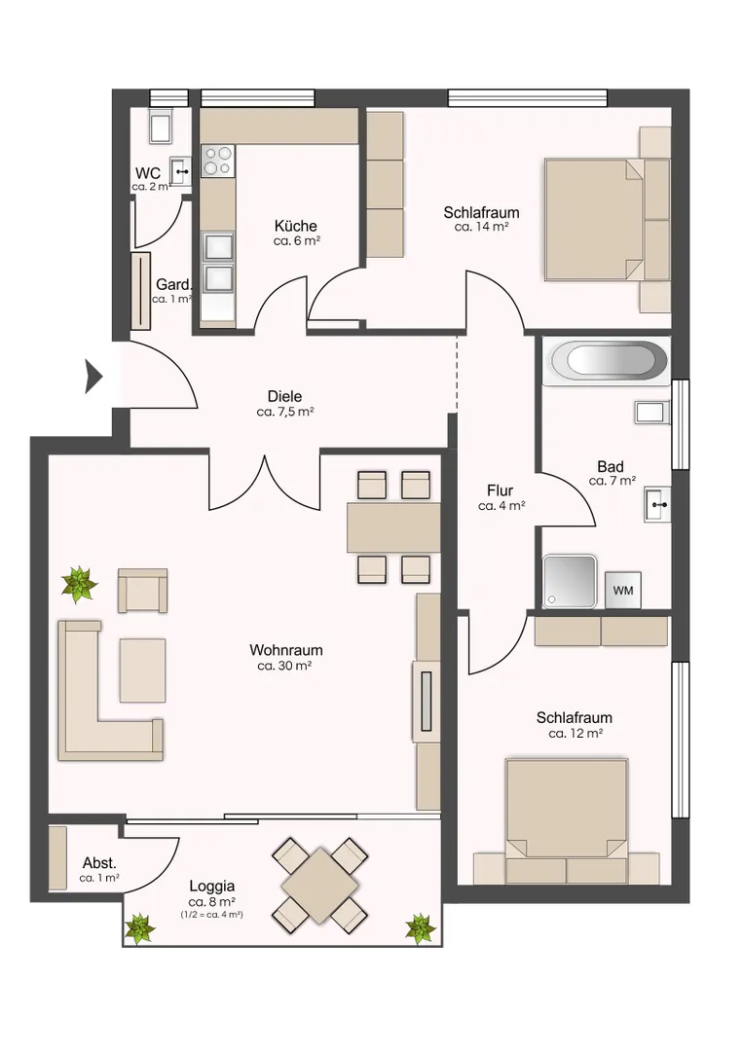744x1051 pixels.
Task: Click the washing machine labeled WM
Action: tap(622, 590)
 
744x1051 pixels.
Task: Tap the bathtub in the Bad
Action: tap(610, 362)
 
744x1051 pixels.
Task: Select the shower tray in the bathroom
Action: tap(570, 580)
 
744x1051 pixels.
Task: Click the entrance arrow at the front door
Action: tap(93, 377)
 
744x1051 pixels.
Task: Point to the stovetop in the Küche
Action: tap(218, 161)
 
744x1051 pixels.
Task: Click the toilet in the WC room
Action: tap(161, 126)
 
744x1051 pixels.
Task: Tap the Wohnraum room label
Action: tap(285, 649)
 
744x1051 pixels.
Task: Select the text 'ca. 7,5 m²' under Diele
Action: tap(285, 412)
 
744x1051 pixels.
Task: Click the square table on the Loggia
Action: tap(320, 885)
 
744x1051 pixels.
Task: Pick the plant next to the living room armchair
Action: tap(80, 584)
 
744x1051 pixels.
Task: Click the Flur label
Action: tap(500, 490)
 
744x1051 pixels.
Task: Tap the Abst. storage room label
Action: tap(99, 862)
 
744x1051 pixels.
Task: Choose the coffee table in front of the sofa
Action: tap(142, 670)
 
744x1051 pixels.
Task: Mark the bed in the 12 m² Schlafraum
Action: tap(567, 821)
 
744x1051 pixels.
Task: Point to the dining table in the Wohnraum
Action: tap(393, 527)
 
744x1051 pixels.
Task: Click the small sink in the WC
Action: tap(180, 171)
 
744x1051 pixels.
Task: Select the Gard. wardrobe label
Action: tap(173, 285)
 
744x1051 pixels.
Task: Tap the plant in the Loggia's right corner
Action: tap(421, 927)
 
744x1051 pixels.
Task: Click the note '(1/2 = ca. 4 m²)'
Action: tap(211, 914)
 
